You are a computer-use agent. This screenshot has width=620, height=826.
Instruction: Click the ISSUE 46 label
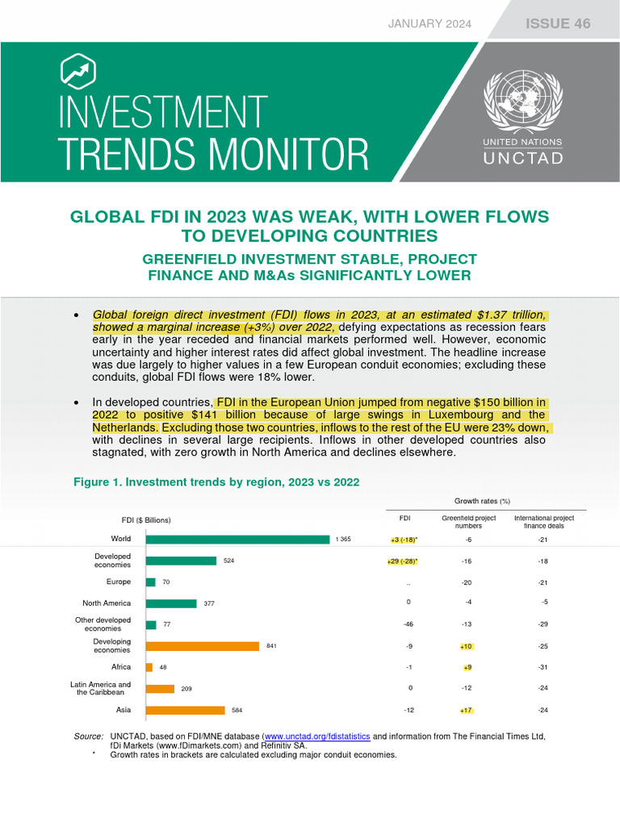tap(558, 23)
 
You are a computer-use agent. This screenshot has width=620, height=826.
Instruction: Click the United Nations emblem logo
tap(523, 102)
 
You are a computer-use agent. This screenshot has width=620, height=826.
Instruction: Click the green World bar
tap(237, 539)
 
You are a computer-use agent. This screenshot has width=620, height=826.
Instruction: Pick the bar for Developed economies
tap(181, 561)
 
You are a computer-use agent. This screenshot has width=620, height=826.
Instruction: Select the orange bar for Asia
tap(185, 710)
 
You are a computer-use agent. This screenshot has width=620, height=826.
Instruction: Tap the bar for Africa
tap(149, 667)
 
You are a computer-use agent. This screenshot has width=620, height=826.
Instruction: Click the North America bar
tap(171, 603)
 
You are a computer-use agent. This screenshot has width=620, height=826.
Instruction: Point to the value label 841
tap(271, 646)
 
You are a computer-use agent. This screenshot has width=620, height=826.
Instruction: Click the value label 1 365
tap(343, 540)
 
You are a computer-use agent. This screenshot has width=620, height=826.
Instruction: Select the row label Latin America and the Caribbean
tap(100, 688)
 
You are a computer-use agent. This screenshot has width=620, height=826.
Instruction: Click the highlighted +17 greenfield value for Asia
tap(467, 710)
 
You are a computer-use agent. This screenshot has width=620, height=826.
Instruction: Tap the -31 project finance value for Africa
tap(544, 667)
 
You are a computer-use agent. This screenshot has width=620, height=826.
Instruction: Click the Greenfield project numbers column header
tap(468, 521)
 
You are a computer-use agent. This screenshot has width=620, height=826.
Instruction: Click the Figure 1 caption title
tap(216, 482)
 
